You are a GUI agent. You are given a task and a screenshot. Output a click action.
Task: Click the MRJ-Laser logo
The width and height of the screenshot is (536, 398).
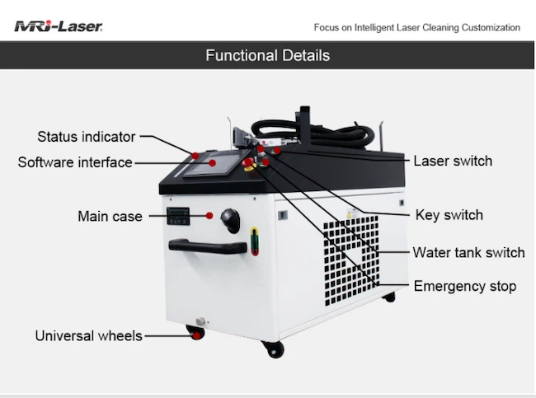click(x=58, y=26)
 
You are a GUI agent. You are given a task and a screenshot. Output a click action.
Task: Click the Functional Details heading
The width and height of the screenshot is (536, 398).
click(x=268, y=55)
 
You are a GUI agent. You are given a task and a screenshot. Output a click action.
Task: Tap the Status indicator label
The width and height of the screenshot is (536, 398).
click(x=86, y=137)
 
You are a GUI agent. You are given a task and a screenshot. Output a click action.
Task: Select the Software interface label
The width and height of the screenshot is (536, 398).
click(x=75, y=162)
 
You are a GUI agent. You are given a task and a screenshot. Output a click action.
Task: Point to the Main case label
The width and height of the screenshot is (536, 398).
click(x=110, y=216)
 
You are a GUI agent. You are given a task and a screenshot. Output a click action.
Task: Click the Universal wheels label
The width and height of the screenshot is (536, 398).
click(x=88, y=336)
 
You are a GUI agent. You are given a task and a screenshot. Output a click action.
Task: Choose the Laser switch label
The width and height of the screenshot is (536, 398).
click(x=453, y=161)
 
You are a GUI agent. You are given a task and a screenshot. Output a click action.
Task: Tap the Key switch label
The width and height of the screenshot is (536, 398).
click(x=449, y=215)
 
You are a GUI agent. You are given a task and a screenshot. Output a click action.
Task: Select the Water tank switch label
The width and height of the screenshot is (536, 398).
click(x=468, y=252)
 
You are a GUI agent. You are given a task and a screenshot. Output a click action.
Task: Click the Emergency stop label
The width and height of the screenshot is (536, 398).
click(x=465, y=286)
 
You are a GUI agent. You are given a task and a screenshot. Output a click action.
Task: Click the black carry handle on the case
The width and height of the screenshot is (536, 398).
click(x=208, y=246)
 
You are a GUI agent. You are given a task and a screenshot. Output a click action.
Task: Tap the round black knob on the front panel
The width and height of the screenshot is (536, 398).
click(x=230, y=220)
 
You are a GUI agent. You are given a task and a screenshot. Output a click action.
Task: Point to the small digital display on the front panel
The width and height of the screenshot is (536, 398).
click(x=178, y=216)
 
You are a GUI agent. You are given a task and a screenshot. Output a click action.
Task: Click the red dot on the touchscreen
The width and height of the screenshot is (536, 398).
click(x=212, y=163)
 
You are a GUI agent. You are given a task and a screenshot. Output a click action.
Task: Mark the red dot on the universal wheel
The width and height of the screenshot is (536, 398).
click(x=196, y=335)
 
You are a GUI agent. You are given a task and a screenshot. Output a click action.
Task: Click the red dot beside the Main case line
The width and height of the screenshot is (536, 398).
click(x=209, y=216)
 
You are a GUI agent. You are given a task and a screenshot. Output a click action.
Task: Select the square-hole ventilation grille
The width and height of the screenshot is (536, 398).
click(x=351, y=260)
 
